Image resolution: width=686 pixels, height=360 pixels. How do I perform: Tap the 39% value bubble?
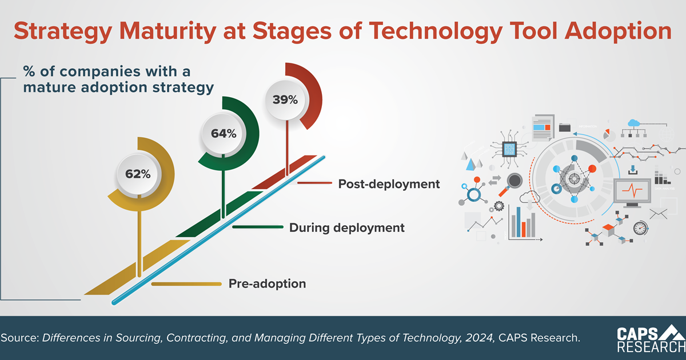coord(285,99)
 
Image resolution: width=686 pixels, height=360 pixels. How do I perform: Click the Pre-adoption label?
coord(267,283)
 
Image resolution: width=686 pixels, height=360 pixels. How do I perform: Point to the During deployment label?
coord(346,227)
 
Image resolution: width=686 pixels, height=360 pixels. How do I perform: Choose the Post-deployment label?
coord(389,184)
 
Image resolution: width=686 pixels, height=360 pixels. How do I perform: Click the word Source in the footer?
coord(18,338)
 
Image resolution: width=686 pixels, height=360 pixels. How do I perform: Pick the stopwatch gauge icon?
coord(640,227)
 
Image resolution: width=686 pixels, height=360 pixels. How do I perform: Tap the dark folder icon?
coord(565,127)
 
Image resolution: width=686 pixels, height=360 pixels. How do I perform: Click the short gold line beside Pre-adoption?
coord(186,284)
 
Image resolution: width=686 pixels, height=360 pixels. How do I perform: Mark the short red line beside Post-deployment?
coord(314,183)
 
